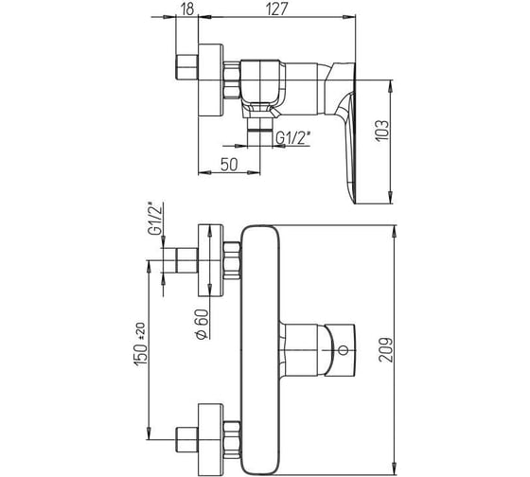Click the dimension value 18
click(187, 9)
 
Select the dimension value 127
click(276, 9)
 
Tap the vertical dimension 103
click(382, 131)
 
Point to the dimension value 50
click(229, 165)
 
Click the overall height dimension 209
click(386, 350)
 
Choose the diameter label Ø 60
click(202, 324)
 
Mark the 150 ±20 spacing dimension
click(140, 344)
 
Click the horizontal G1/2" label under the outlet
click(292, 138)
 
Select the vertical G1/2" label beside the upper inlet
click(155, 219)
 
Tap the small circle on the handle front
click(343, 350)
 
